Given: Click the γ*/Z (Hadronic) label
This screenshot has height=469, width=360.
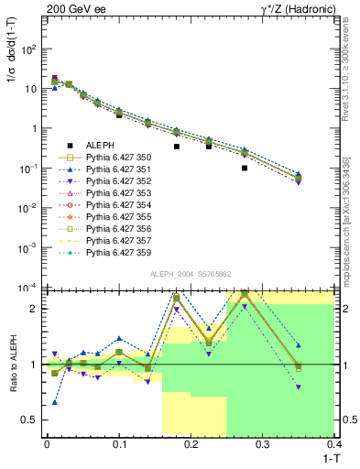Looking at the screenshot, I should point(304,8).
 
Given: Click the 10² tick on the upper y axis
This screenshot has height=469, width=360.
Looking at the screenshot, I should point(27,49).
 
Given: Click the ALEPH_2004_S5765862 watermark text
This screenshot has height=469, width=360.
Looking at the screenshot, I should point(190,276).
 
